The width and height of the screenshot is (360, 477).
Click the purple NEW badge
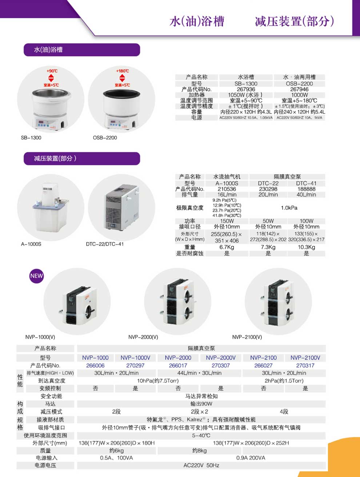coord(36,276)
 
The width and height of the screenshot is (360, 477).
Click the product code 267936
coord(246,89)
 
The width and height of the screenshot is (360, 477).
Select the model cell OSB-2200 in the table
coord(299,84)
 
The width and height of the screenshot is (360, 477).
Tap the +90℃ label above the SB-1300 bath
coord(52,71)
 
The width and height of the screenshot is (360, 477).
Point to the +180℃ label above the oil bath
coord(123,71)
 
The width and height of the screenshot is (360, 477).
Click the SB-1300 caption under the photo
coord(31,138)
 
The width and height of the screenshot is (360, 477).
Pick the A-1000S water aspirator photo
coord(51,207)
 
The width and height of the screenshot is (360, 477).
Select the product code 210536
coord(227,189)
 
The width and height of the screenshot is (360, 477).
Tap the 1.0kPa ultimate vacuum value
coord(289,208)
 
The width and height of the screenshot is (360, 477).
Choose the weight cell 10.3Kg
coord(307,247)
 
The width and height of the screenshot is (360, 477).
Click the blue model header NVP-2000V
coord(221,358)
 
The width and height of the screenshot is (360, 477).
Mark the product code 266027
coord(263,365)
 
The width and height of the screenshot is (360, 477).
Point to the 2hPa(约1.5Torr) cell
coord(284,381)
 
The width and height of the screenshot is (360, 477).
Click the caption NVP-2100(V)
coord(247,337)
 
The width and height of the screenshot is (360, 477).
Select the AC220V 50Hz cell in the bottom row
coord(201,465)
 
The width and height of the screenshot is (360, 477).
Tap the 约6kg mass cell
coord(116,450)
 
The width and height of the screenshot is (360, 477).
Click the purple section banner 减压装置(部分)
coord(82,159)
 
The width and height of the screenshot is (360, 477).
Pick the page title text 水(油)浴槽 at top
coord(197,21)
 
